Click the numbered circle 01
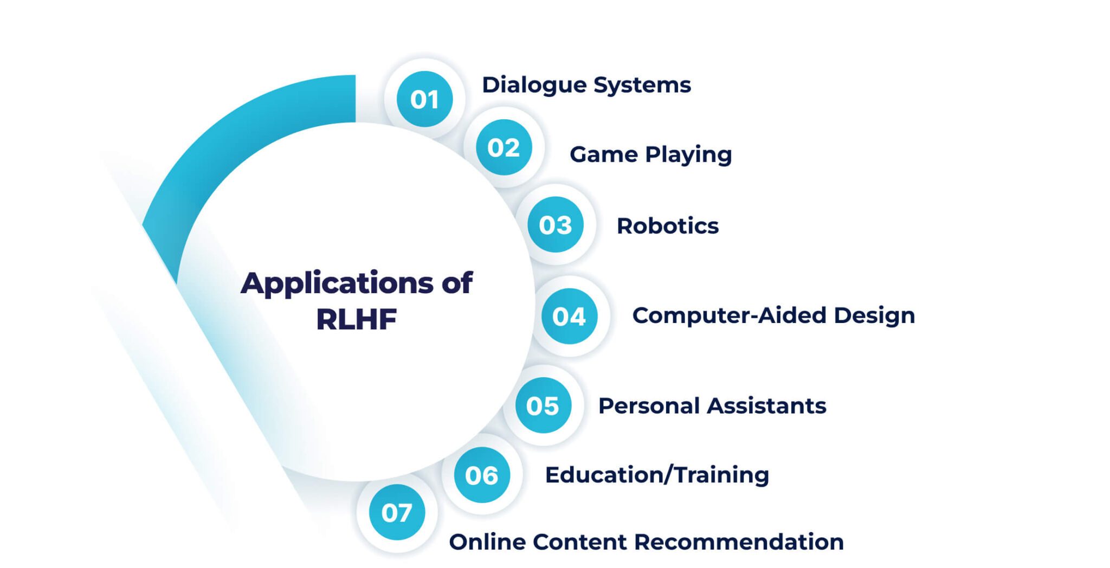tap(424, 99)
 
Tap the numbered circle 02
tap(504, 147)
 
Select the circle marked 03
tap(556, 225)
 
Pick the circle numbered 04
tap(569, 316)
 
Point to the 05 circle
tap(543, 405)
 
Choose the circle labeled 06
tap(481, 475)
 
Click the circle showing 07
tap(397, 512)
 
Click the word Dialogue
tap(534, 85)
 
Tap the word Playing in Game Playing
tap(688, 155)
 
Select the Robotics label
tap(667, 226)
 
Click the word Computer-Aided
tap(728, 315)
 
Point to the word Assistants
tap(770, 406)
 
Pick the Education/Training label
tap(657, 475)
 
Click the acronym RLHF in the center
tap(356, 319)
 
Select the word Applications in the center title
tap(337, 283)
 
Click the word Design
tap(874, 315)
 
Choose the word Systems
tap(642, 85)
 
